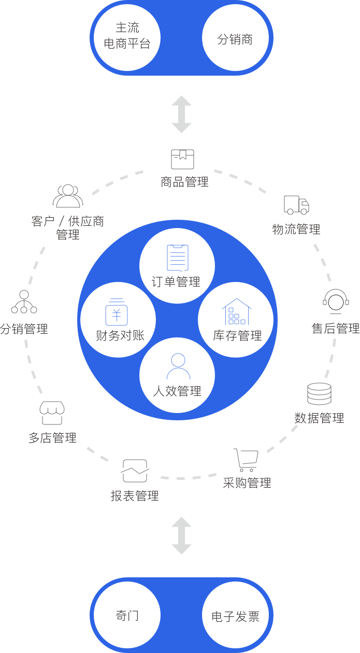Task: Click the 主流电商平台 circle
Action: [127, 37]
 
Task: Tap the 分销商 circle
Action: [236, 38]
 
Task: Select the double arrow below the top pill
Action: [181, 115]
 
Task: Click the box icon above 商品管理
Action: [182, 159]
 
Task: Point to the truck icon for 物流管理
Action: [296, 205]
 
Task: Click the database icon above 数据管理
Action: [319, 394]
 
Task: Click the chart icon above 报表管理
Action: [135, 471]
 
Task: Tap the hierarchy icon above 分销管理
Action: [24, 302]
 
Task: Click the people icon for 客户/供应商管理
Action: [68, 196]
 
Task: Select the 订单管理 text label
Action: [176, 282]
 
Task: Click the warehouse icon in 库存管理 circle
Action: [237, 311]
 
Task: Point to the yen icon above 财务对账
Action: [117, 312]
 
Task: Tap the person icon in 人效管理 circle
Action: [178, 366]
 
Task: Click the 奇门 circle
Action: [127, 616]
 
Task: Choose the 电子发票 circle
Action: [236, 616]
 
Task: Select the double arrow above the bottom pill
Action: [181, 536]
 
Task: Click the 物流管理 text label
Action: [296, 229]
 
